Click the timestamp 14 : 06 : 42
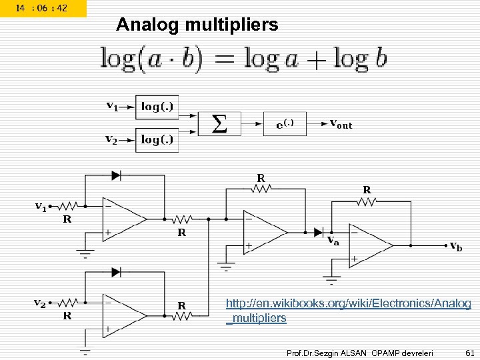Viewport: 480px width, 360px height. pyautogui.click(x=43, y=8)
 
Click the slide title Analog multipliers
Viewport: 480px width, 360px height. pyautogui.click(x=197, y=25)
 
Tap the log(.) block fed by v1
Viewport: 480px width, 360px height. pyautogui.click(x=157, y=107)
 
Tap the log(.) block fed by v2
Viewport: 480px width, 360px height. pyautogui.click(x=157, y=139)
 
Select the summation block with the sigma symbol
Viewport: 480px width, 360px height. pyautogui.click(x=219, y=123)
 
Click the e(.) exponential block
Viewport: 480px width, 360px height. pyautogui.click(x=285, y=123)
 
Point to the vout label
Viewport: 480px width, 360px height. pyautogui.click(x=341, y=123)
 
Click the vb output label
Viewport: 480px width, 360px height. pyautogui.click(x=455, y=247)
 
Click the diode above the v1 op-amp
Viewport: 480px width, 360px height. pyautogui.click(x=116, y=175)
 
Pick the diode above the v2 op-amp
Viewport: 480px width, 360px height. pyautogui.click(x=116, y=272)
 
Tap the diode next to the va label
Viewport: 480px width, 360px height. pyautogui.click(x=318, y=232)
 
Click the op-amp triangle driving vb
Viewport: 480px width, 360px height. pyautogui.click(x=371, y=245)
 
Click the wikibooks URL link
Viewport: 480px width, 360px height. pyautogui.click(x=348, y=311)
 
